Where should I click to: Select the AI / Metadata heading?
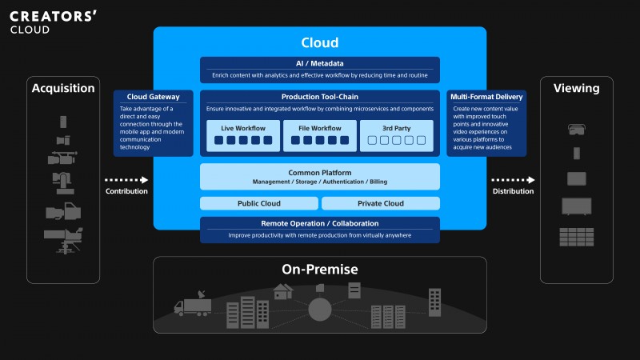point(319,63)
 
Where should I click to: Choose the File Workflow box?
point(319,135)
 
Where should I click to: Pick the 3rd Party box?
point(396,135)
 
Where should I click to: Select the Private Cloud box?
point(381,203)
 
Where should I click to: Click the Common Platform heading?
point(319,173)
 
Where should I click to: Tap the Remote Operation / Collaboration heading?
point(319,223)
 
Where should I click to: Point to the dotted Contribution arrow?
point(126,180)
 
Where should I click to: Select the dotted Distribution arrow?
point(513,180)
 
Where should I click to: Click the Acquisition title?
point(63,88)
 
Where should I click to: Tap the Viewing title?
point(576,88)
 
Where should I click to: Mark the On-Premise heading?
point(319,269)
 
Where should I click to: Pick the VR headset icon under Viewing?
point(576,129)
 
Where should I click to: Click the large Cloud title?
point(319,42)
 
